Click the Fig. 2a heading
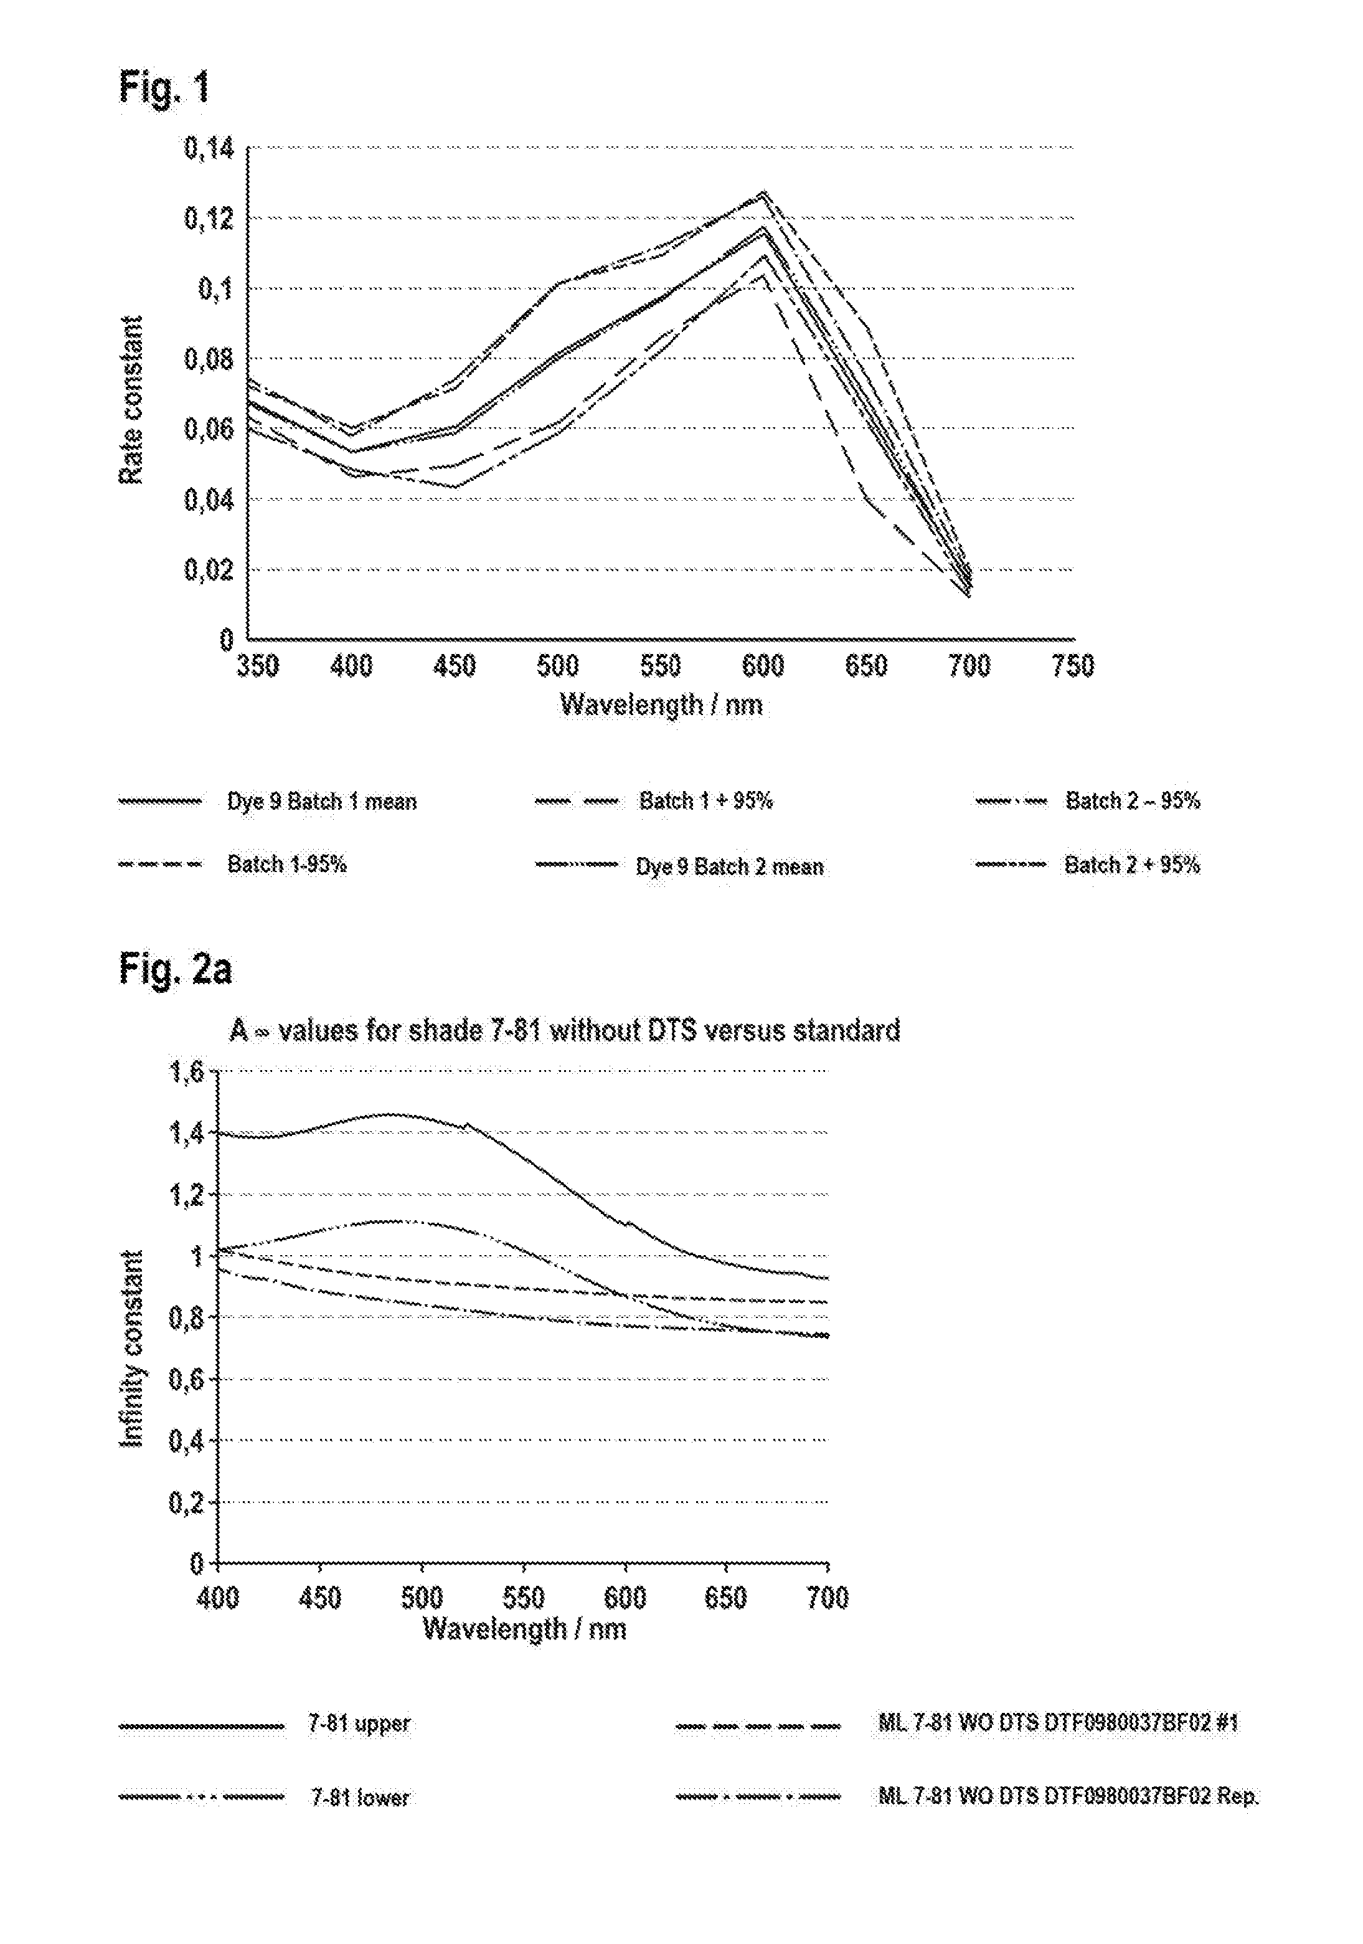click(x=174, y=969)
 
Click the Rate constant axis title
click(x=131, y=400)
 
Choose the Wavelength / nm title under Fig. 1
click(x=661, y=704)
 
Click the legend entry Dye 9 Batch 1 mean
click(x=322, y=802)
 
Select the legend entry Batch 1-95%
click(x=287, y=865)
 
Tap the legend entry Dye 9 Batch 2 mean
click(x=730, y=867)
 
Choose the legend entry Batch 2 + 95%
click(x=1132, y=865)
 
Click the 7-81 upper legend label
click(x=359, y=1725)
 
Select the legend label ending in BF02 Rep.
click(x=1067, y=1795)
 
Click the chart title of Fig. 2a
click(x=565, y=1030)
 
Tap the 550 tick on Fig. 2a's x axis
click(x=523, y=1598)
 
